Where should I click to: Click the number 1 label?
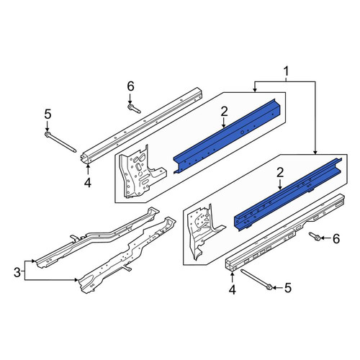(286, 71)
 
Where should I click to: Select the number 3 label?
(17, 272)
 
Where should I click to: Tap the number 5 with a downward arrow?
(48, 114)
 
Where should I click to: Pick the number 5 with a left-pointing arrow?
(287, 287)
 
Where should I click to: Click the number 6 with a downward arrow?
(130, 86)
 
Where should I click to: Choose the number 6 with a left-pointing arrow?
(336, 238)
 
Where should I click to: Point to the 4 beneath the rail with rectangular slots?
(233, 289)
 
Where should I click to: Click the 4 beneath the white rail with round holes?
(88, 183)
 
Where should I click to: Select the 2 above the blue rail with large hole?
(224, 112)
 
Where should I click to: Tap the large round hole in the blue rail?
(243, 132)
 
